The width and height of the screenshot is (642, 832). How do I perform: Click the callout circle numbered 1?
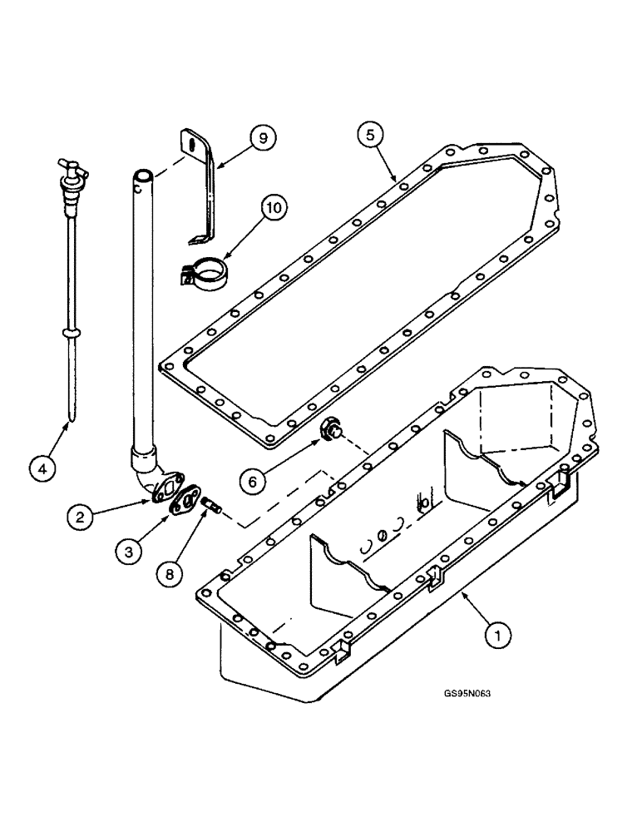click(496, 636)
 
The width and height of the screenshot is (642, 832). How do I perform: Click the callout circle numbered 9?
click(263, 138)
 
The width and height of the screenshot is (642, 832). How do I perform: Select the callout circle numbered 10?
click(274, 206)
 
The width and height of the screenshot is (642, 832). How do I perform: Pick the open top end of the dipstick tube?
click(143, 176)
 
